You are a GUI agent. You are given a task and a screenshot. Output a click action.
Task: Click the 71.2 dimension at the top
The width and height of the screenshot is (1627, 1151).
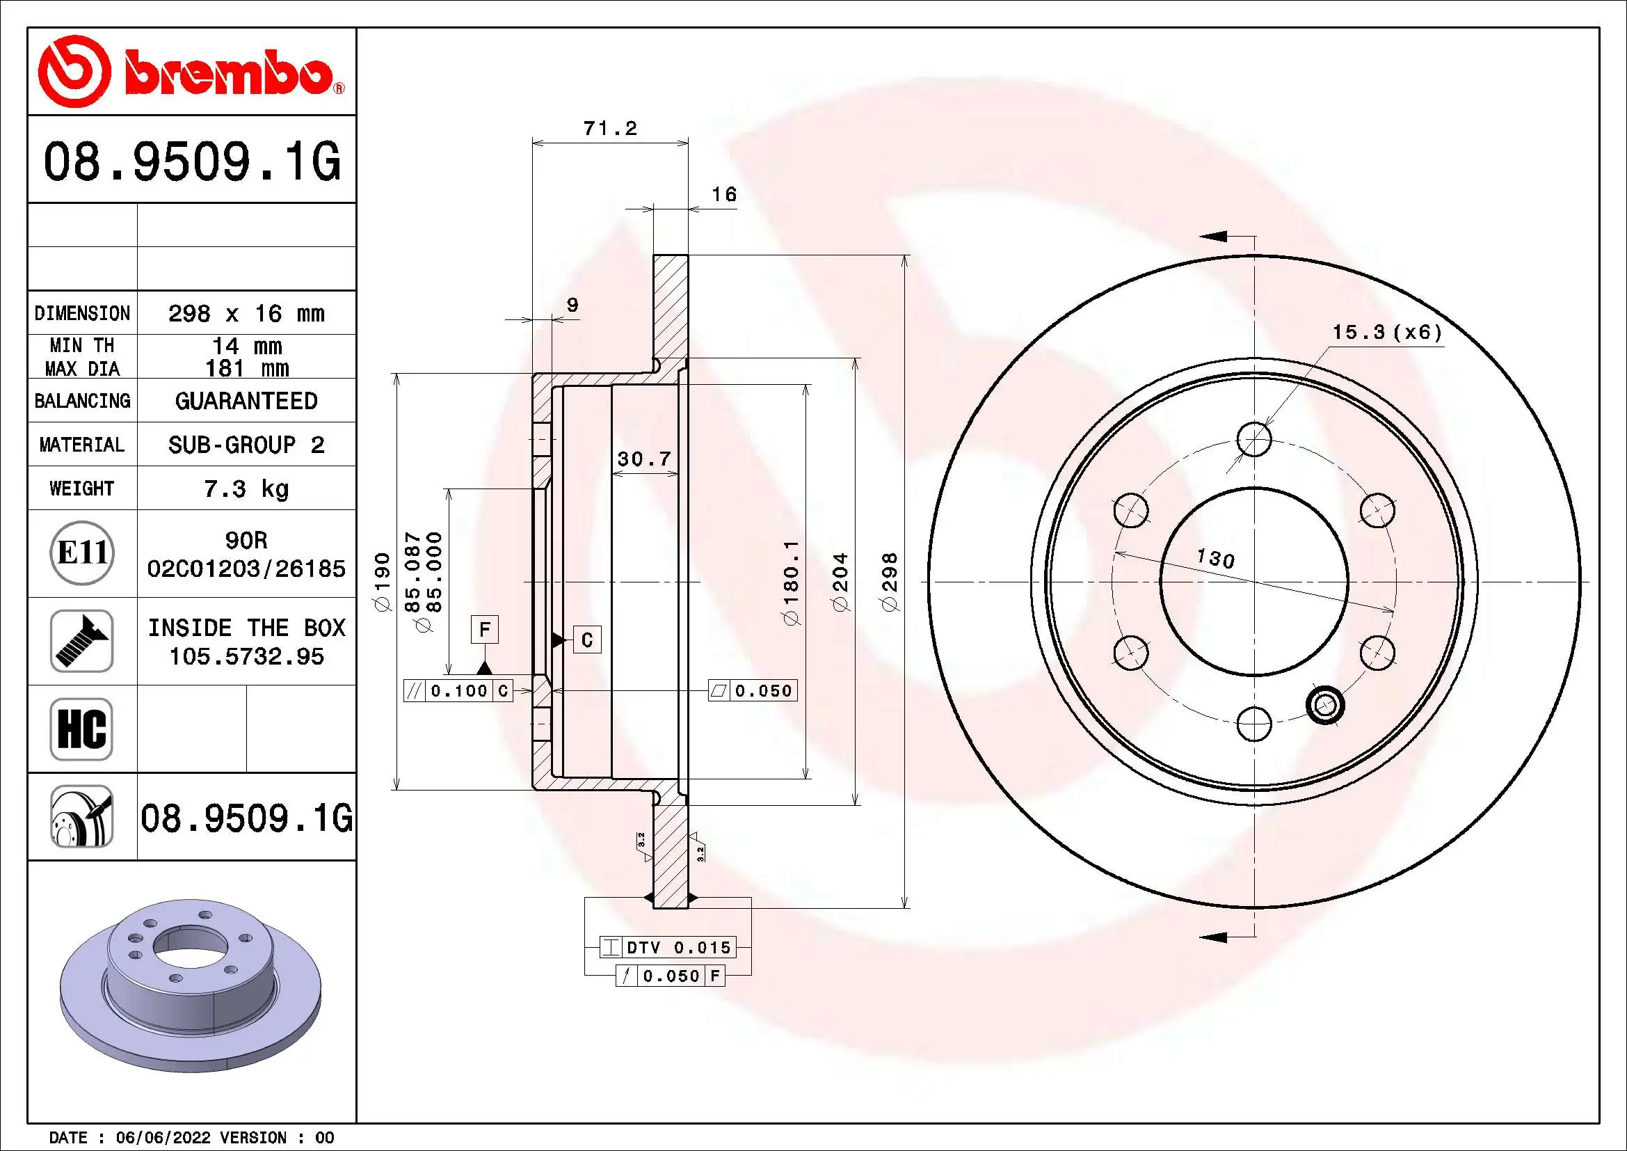tap(609, 129)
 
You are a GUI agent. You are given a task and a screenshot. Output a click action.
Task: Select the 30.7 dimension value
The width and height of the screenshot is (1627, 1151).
tap(643, 459)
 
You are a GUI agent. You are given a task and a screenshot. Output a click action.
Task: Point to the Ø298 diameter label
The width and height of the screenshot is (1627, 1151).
tap(890, 581)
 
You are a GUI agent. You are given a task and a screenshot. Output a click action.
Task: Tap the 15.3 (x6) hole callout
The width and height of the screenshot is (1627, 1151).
tap(1387, 333)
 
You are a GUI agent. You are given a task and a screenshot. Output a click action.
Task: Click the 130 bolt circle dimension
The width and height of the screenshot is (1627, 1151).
tap(1215, 559)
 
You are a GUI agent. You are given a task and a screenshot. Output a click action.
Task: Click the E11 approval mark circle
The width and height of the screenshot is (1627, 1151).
tap(82, 553)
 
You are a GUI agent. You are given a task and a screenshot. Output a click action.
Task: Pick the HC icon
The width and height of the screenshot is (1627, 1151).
tap(81, 729)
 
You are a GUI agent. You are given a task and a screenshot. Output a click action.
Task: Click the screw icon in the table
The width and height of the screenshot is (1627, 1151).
tap(81, 641)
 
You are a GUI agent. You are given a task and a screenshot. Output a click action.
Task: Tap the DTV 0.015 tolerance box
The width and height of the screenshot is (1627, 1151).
tap(668, 948)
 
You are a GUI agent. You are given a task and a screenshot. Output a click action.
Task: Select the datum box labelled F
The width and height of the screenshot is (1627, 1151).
tap(485, 629)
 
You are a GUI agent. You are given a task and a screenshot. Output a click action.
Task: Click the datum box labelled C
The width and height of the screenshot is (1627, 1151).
tap(587, 640)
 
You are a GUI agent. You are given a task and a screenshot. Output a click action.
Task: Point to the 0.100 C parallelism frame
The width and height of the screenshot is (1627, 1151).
tap(458, 691)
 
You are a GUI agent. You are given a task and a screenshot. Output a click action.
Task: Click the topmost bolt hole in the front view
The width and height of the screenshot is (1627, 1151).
tap(1254, 439)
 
